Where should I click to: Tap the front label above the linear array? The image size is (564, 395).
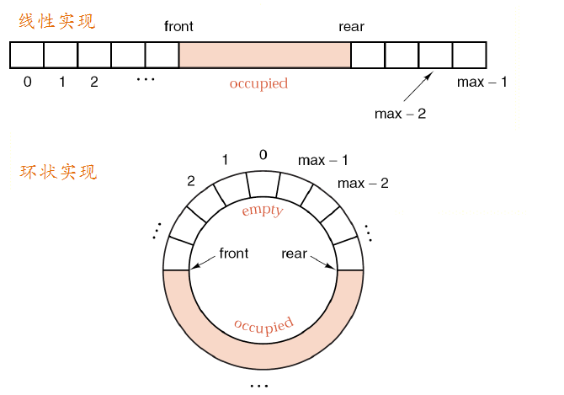point(178,27)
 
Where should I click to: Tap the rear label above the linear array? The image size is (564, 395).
point(351,27)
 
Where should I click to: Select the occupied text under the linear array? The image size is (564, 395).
point(258,83)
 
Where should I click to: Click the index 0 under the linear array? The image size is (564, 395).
point(28,83)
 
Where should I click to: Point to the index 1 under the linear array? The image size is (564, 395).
point(61,83)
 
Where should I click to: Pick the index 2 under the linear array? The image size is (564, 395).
point(93,83)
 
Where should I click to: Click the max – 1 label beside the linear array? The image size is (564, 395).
point(482,83)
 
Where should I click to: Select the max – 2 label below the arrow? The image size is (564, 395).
point(400,113)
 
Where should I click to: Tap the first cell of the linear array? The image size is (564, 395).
point(27,56)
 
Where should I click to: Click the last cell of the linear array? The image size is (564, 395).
point(469,56)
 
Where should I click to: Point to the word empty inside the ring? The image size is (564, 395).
point(262,210)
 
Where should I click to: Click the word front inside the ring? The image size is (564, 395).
point(233,253)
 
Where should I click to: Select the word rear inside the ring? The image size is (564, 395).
point(294,253)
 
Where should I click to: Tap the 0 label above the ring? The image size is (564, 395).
point(263,155)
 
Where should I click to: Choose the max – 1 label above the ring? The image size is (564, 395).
point(322,160)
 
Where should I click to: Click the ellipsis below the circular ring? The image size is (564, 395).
point(259,385)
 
